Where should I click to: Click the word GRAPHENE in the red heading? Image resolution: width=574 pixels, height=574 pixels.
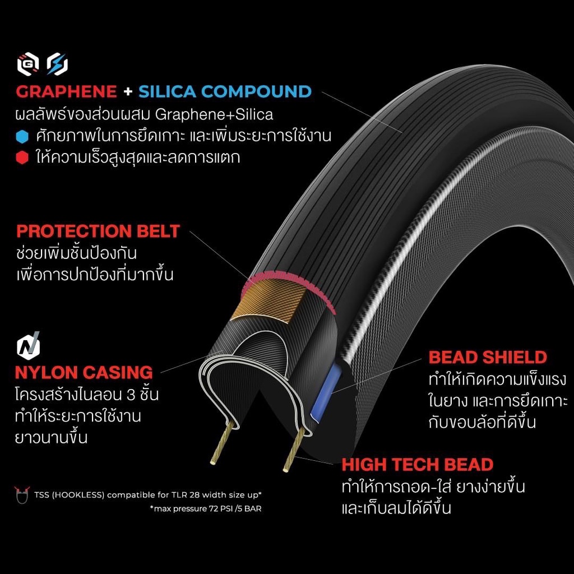66,91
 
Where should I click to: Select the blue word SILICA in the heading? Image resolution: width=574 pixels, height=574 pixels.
167,91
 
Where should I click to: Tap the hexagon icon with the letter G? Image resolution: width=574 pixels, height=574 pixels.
28,64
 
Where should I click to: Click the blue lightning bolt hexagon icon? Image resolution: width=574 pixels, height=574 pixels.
58,64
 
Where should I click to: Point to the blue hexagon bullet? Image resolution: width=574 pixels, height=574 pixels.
22,137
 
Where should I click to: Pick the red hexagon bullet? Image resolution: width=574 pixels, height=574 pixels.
22,158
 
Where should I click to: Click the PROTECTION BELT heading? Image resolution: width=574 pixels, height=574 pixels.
98,232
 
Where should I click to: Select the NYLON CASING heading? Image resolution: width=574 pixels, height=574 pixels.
84,373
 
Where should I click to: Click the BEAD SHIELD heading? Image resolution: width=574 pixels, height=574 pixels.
488,357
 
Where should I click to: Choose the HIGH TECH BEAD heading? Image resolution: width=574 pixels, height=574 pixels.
417,465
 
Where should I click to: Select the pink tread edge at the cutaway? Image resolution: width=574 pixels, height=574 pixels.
289,282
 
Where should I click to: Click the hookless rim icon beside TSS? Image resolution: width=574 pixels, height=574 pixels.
22,496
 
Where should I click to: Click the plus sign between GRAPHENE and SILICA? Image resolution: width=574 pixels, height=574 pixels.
128,91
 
